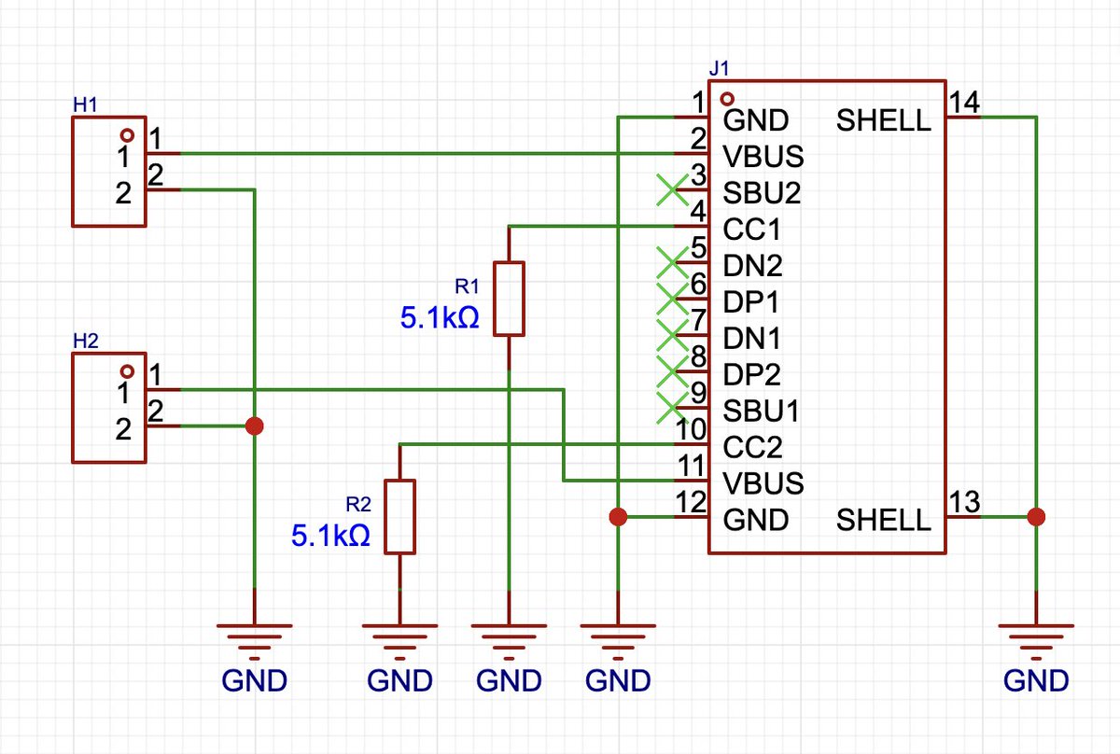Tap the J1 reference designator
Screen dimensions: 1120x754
(x=719, y=68)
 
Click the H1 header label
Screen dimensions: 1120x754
(x=85, y=105)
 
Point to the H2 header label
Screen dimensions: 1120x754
(x=86, y=341)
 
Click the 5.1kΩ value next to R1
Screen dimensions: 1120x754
(x=440, y=318)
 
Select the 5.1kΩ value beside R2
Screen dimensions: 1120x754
(x=330, y=536)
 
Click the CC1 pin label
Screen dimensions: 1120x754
(x=751, y=230)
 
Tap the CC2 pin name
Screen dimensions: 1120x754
(x=752, y=447)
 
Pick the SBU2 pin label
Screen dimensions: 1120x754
(x=762, y=193)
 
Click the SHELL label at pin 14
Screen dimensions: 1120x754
(x=884, y=120)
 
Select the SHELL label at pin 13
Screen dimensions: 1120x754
(x=884, y=520)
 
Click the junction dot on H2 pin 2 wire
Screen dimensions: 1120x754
(x=255, y=426)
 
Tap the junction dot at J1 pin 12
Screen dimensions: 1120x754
(x=618, y=517)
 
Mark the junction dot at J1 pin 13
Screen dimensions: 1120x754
(x=1036, y=517)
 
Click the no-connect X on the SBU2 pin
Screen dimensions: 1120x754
(x=673, y=190)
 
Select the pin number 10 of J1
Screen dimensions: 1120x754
(x=691, y=429)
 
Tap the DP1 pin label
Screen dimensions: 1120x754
(x=750, y=302)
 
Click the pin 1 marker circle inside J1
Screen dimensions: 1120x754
(x=727, y=99)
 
